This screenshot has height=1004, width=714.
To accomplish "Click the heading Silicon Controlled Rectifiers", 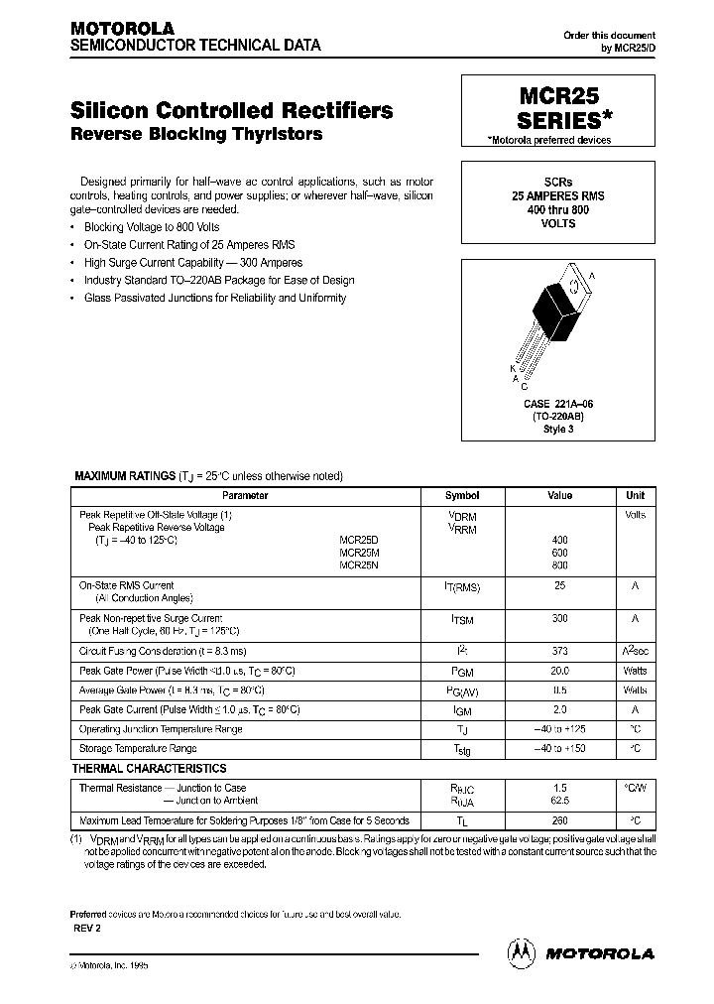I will (232, 110).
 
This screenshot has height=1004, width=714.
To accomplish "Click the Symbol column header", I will (462, 496).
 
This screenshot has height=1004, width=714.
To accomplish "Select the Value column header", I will (560, 496).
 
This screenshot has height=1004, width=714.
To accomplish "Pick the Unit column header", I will (635, 496).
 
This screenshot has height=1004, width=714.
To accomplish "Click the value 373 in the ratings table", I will (560, 652).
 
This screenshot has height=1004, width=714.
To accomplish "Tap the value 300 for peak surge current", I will (560, 618).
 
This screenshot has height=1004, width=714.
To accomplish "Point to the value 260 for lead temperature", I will (560, 820).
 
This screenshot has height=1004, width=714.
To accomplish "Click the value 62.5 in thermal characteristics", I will (560, 800).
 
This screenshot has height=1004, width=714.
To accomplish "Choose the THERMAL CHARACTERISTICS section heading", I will (150, 769).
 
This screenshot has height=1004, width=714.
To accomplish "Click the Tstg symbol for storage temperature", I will (462, 750).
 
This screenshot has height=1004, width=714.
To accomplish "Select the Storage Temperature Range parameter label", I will (138, 748).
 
